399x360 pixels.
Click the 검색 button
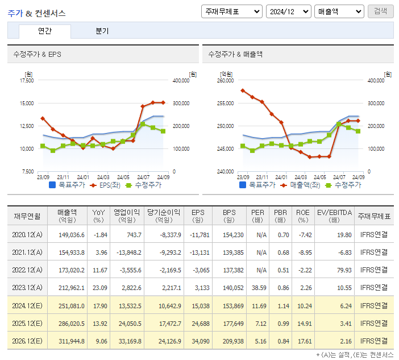[x=380, y=11]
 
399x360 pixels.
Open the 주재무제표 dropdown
[x=231, y=11]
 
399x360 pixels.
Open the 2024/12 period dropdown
[x=288, y=11]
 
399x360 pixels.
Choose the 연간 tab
[x=45, y=31]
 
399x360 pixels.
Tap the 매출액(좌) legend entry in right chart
[x=301, y=185]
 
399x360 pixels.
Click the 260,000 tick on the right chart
[x=225, y=81]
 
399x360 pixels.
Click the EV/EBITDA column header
[x=335, y=216]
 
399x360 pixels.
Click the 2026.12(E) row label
[x=26, y=341]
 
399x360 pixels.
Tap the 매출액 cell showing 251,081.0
[x=71, y=305]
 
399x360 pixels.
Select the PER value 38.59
[x=258, y=288]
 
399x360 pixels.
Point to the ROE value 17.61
[x=302, y=341]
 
